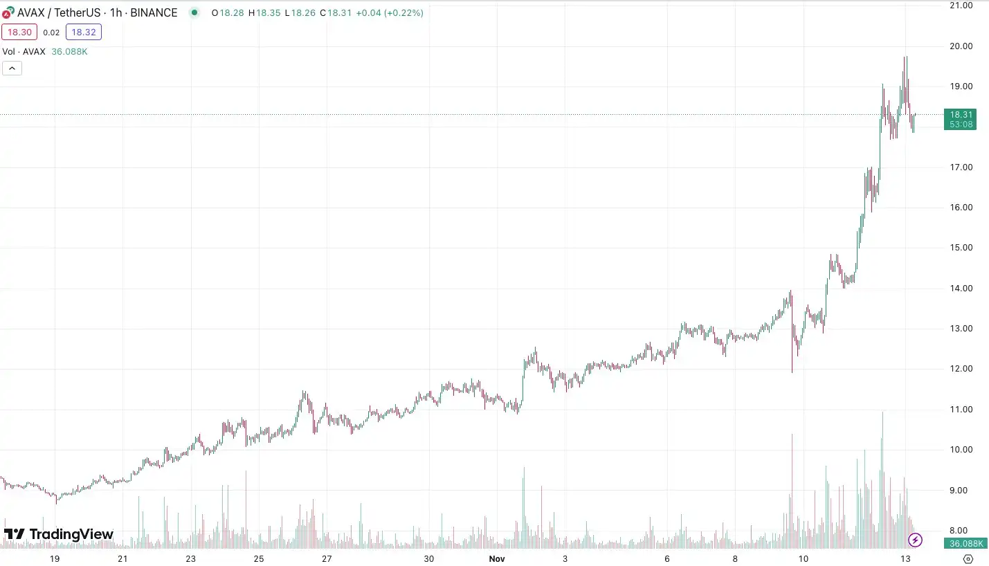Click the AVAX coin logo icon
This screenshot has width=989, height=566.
pos(8,12)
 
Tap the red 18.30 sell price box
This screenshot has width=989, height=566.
pos(18,32)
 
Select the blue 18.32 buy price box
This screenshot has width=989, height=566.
pos(84,32)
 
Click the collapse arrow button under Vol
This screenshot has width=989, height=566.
pos(12,68)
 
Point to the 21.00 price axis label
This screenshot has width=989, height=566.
pos(961,6)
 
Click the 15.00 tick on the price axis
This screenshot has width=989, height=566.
pos(961,248)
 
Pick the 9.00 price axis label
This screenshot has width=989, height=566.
pos(961,490)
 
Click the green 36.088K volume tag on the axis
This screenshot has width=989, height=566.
pos(961,543)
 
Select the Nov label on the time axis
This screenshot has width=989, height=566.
pos(497,558)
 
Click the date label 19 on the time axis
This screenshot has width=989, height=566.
pos(55,558)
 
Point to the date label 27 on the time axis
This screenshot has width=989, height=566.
pos(327,558)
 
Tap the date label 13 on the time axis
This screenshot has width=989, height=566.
pos(905,558)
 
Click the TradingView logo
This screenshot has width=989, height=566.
pos(59,534)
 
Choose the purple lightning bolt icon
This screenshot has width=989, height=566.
pos(916,540)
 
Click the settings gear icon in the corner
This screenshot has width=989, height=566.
pos(968,558)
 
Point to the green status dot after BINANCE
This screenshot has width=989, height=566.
pos(194,12)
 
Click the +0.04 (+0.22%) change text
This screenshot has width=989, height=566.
pos(390,12)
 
